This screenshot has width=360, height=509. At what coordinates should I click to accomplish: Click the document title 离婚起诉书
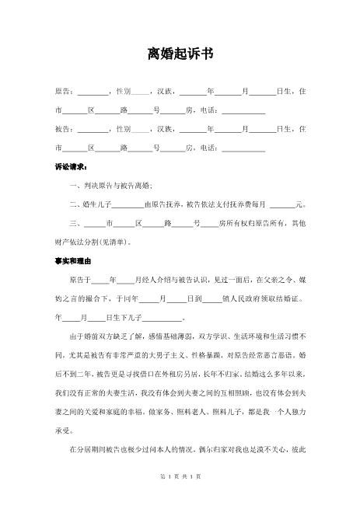[x=180, y=54]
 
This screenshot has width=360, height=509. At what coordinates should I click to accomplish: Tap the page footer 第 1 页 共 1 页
[x=180, y=497]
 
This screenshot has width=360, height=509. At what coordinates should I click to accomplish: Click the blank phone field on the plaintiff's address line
[x=243, y=110]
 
